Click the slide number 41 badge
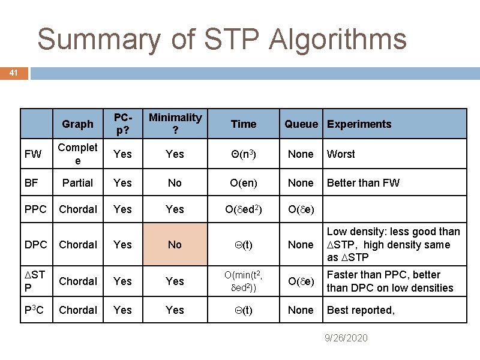pyautogui.click(x=14, y=73)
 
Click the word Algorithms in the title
pyautogui.click(x=338, y=40)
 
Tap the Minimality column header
pyautogui.click(x=175, y=124)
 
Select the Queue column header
pyautogui.click(x=301, y=124)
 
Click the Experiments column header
pyautogui.click(x=359, y=124)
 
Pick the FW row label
pyautogui.click(x=34, y=154)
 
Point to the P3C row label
pyautogui.click(x=35, y=310)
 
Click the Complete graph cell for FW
pyautogui.click(x=77, y=154)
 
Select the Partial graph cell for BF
pyautogui.click(x=77, y=183)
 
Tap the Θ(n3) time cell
pyautogui.click(x=243, y=154)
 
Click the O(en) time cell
pyautogui.click(x=243, y=183)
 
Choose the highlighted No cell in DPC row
pyautogui.click(x=175, y=245)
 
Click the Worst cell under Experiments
pyautogui.click(x=341, y=154)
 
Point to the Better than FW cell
pyautogui.click(x=363, y=183)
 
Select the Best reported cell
pyautogui.click(x=360, y=310)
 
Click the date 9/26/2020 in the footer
pyautogui.click(x=346, y=338)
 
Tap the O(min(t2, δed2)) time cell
pyautogui.click(x=243, y=281)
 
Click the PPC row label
pyautogui.click(x=35, y=209)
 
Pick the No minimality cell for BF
pyautogui.click(x=175, y=183)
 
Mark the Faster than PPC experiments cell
pyautogui.click(x=389, y=281)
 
